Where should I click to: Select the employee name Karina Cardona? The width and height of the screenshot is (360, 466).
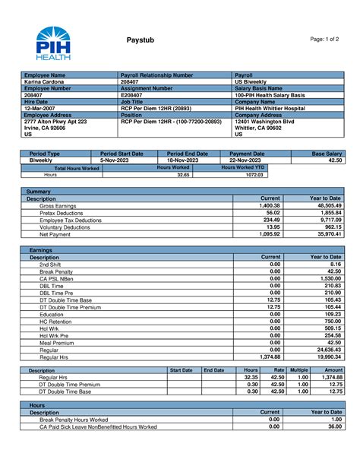pos(46,82)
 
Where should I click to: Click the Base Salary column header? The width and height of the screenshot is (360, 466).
pos(327,154)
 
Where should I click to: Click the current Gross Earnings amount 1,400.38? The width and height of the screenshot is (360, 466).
pos(269,205)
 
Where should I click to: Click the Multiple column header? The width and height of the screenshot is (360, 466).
pos(298,370)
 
